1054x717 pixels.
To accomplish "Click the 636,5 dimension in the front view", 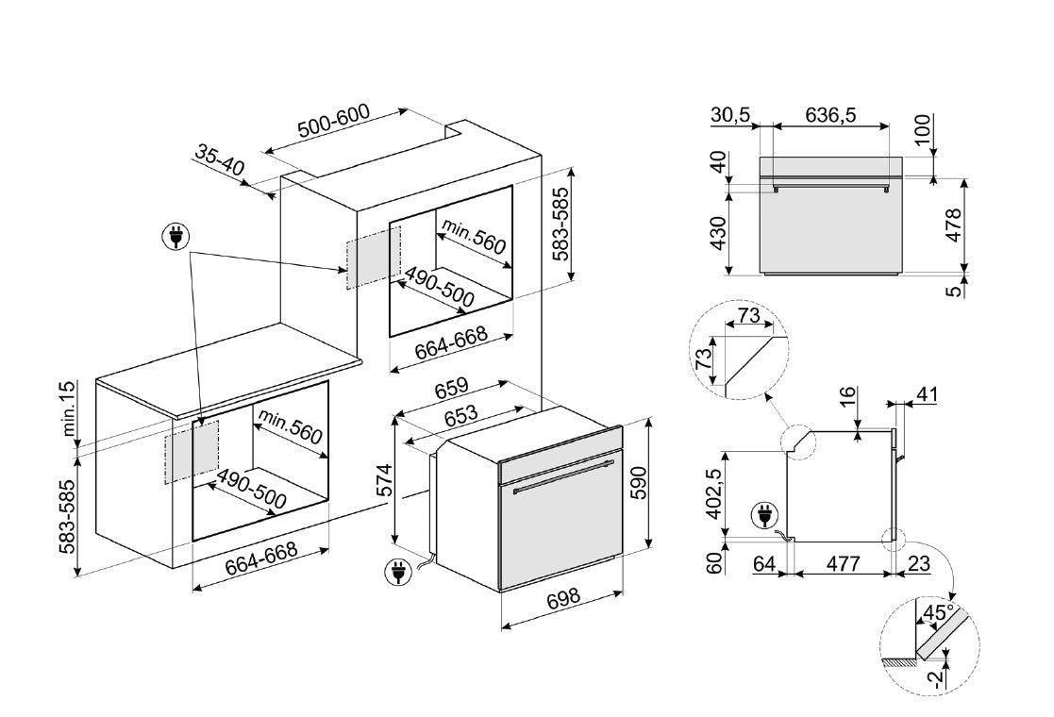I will click(x=831, y=115).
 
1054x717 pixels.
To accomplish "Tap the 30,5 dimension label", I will click(x=731, y=115).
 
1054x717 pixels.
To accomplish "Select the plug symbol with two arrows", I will click(x=176, y=239).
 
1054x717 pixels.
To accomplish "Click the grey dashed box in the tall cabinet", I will click(x=375, y=258).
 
